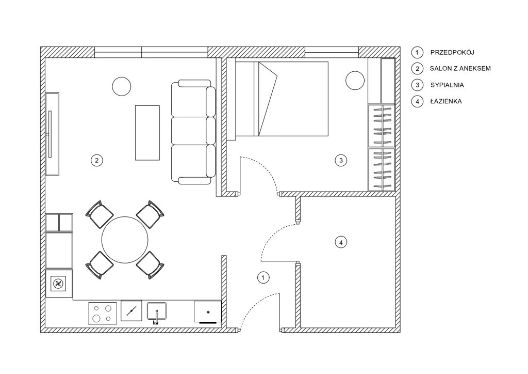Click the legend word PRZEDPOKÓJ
coord(452,52)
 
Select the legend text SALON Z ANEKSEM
coord(460,69)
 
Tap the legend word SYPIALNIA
coord(447,85)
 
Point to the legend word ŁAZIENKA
coord(446,101)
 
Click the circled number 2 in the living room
coord(96,160)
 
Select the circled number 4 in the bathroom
coord(341,242)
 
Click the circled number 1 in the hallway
coord(263,277)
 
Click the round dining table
coord(125,240)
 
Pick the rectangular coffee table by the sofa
coord(147,133)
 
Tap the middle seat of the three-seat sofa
coord(193,131)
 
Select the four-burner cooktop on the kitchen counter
coord(103,313)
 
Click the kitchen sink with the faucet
coord(157,313)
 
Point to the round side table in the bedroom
coord(355,81)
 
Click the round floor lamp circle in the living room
coord(121,86)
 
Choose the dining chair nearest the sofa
coord(150,214)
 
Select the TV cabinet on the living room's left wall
coord(52,134)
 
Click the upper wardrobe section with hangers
coord(382,126)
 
